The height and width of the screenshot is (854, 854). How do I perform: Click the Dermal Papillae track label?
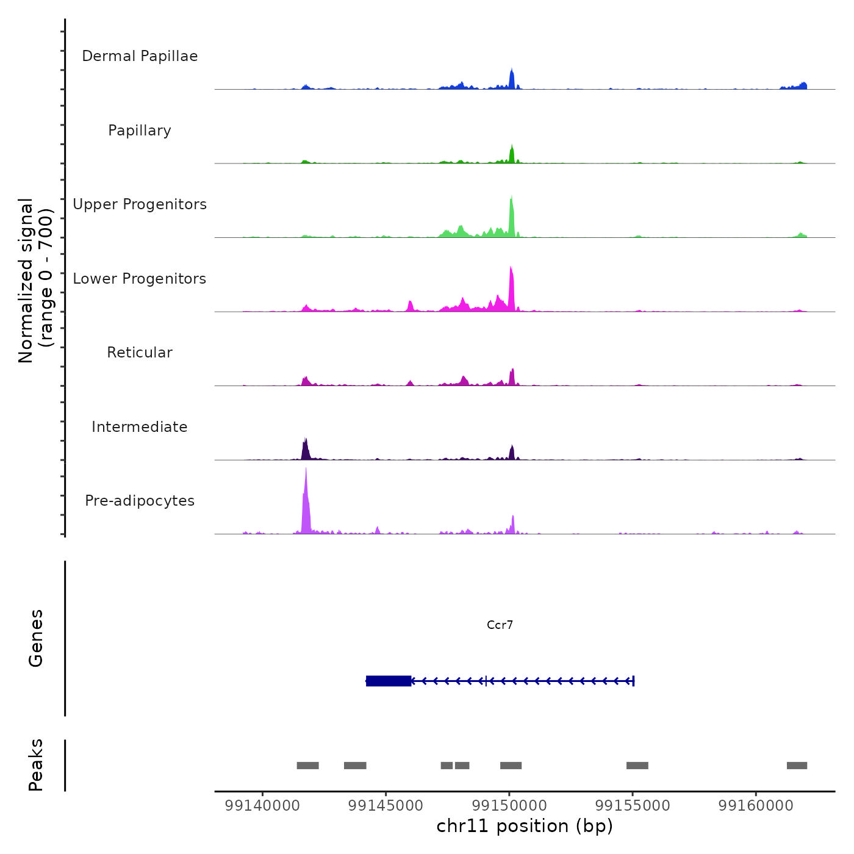pos(140,56)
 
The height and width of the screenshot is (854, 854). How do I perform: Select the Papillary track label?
pos(140,131)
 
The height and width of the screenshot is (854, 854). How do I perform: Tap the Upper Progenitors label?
pos(140,204)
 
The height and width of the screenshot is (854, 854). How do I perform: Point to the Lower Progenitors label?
pos(140,279)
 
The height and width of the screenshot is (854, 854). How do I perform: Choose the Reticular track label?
pos(140,353)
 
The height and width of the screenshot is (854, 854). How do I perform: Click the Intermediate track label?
pos(140,427)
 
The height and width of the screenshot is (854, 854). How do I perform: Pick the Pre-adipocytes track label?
pos(140,501)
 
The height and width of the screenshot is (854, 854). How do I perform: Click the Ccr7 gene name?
pos(500,625)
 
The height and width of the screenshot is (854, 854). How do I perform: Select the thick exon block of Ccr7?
pos(389,681)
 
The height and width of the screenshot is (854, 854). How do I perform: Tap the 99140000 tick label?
pos(262,805)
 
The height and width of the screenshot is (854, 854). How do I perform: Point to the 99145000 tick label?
pos(386,805)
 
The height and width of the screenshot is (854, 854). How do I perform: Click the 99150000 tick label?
pos(509,805)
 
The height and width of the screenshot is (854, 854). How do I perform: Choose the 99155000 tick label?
pos(633,805)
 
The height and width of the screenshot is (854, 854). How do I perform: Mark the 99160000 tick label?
pos(756,805)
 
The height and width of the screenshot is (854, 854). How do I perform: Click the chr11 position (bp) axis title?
pos(525,826)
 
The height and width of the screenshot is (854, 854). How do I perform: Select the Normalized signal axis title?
pos(35,280)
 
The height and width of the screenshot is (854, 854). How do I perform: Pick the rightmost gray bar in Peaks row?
pos(797,766)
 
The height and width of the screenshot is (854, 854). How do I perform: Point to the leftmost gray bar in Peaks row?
pos(307,766)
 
